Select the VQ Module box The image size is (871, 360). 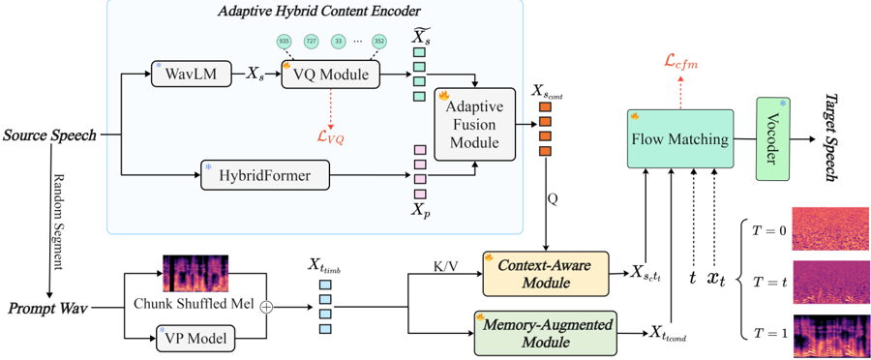click(x=331, y=74)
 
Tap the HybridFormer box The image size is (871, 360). click(x=264, y=175)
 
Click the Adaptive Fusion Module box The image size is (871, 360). click(x=474, y=125)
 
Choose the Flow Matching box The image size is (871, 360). click(x=680, y=139)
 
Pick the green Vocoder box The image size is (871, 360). click(x=772, y=139)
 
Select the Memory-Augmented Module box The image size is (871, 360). click(x=546, y=333)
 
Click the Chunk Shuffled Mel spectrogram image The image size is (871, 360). click(x=195, y=273)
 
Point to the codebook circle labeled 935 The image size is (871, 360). click(x=285, y=41)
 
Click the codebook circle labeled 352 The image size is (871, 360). click(x=379, y=41)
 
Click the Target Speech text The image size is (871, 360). click(x=832, y=136)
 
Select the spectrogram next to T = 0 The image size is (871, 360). click(x=830, y=229)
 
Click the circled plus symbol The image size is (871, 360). click(x=268, y=307)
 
